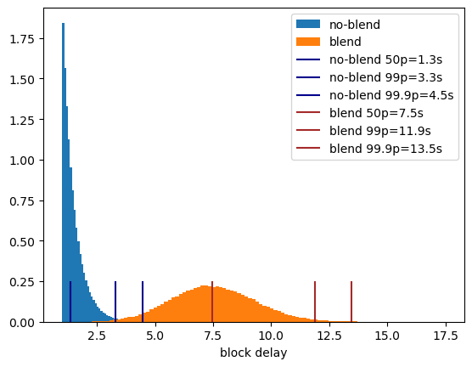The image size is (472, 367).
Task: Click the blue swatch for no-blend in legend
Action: (308, 24)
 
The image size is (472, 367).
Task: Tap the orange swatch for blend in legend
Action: (308, 42)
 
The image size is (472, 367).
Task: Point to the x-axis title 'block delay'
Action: (254, 353)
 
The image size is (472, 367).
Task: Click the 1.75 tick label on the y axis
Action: (22, 39)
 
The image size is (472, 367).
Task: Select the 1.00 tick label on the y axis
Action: (22, 161)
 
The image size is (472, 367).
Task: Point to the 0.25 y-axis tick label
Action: (22, 282)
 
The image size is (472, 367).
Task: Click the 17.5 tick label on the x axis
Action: (445, 335)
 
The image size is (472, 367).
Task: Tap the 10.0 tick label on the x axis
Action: (271, 335)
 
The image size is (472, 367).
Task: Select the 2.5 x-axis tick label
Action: (97, 335)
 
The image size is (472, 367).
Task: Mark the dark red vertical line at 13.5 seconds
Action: (351, 302)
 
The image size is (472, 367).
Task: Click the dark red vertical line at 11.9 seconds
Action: (315, 302)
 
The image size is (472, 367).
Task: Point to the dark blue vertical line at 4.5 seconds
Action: (143, 302)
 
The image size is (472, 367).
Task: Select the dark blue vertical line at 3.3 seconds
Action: (115, 302)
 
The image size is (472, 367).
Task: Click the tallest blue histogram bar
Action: (63, 172)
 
